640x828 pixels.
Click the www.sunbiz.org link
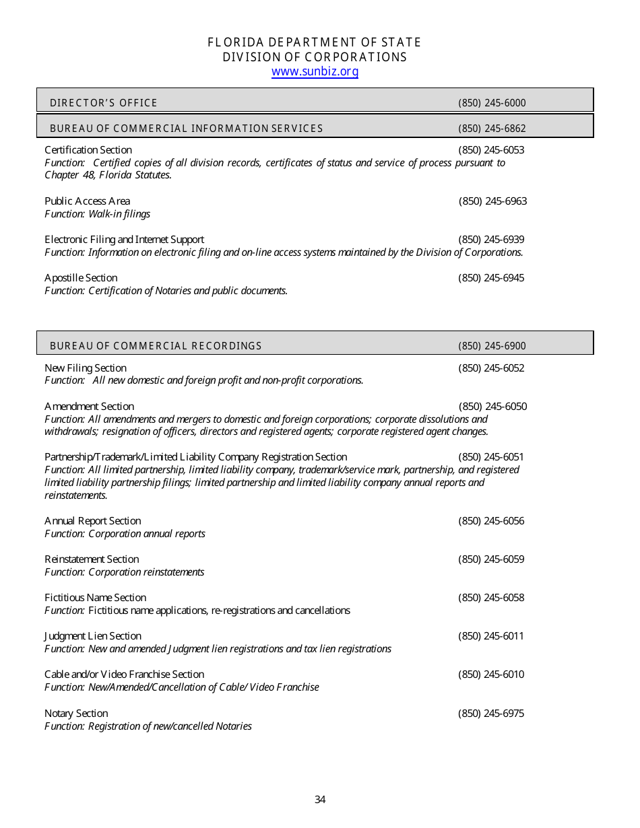[315, 72]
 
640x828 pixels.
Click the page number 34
[320, 800]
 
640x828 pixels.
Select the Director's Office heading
[103, 103]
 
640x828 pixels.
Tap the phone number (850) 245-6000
[492, 103]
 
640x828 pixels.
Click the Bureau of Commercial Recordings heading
[156, 346]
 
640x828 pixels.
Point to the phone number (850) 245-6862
[492, 129]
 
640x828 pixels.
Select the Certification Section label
[88, 150]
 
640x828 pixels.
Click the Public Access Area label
[87, 201]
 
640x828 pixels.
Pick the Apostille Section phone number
[491, 278]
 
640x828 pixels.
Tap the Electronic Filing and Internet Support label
[124, 240]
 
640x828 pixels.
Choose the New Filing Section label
[86, 368]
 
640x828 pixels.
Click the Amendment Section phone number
[492, 407]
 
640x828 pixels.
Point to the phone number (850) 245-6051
[491, 457]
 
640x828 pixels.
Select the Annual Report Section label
[92, 521]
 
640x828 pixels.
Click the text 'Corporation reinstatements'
[146, 572]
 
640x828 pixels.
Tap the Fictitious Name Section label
[95, 598]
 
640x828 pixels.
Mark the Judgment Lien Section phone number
[491, 636]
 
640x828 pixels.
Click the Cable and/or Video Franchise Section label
[124, 675]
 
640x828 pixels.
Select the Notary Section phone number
[491, 714]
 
